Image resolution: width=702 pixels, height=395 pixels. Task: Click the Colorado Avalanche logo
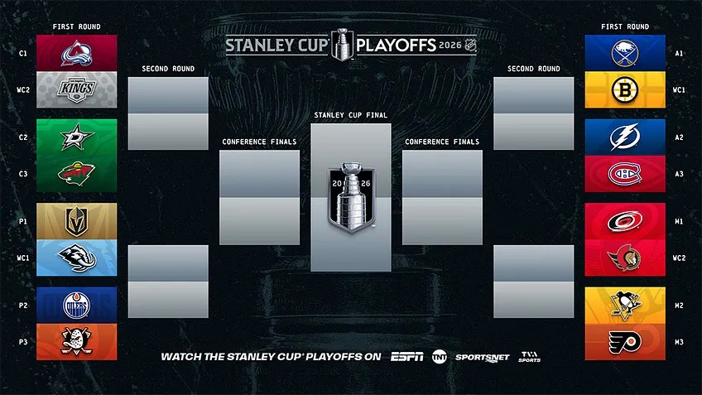coord(77,53)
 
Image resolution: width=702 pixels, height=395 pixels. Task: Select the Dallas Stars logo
coord(77,137)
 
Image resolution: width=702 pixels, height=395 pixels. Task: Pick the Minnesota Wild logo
coord(77,174)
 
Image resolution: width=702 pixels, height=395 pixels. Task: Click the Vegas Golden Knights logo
coord(77,221)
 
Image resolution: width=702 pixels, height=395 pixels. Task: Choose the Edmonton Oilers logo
coord(77,306)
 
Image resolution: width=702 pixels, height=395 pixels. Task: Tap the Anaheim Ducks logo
coord(77,342)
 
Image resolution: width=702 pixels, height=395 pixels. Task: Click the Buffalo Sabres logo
coord(625,53)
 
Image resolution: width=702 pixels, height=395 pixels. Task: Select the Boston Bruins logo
coord(625,90)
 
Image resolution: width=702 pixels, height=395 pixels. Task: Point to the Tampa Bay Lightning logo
coord(625,137)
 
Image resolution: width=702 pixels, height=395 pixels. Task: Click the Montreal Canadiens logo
coord(625,174)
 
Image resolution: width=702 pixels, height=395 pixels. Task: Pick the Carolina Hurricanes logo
coord(625,221)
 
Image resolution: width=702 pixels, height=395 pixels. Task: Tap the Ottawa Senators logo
coord(625,258)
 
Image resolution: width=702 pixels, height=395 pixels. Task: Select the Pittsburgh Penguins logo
coord(625,306)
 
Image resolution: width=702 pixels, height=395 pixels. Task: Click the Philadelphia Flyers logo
coord(625,342)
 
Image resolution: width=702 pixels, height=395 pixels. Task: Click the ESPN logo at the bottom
coord(406,357)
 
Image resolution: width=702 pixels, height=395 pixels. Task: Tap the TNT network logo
coord(439,357)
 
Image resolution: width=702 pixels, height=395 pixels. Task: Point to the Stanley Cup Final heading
coord(351,115)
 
